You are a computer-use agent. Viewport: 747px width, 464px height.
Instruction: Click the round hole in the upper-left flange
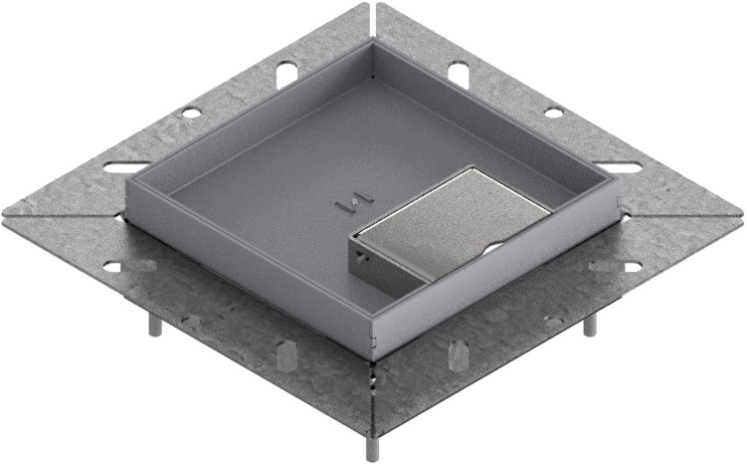[x=189, y=112]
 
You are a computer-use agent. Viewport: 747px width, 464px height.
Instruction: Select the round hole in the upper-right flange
[x=553, y=112]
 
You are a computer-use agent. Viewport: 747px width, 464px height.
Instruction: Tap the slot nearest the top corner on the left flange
[x=285, y=72]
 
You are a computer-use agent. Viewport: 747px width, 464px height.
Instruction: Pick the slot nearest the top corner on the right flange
[x=458, y=72]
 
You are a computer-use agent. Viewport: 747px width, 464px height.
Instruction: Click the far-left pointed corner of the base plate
[x=5, y=215]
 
